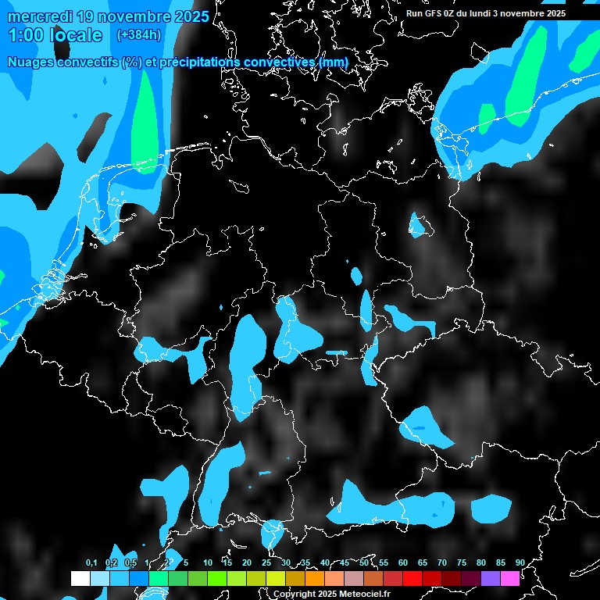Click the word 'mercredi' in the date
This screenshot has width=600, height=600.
coord(37,16)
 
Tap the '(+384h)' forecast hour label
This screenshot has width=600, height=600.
coord(138,35)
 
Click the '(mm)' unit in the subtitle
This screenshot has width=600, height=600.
coord(333,62)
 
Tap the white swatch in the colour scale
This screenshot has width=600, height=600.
coord(80,578)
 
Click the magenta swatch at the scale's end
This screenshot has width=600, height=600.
coord(510,578)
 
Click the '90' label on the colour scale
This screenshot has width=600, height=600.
coord(520,562)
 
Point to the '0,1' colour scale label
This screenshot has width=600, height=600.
coord(91,562)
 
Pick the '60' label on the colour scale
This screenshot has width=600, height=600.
coord(403,562)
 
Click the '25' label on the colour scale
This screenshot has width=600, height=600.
coord(266,562)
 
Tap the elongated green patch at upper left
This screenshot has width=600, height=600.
coord(145,125)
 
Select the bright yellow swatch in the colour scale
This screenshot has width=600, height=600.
coord(276,578)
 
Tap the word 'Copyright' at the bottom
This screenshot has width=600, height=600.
coord(295,594)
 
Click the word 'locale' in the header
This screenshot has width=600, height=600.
coord(76,35)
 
